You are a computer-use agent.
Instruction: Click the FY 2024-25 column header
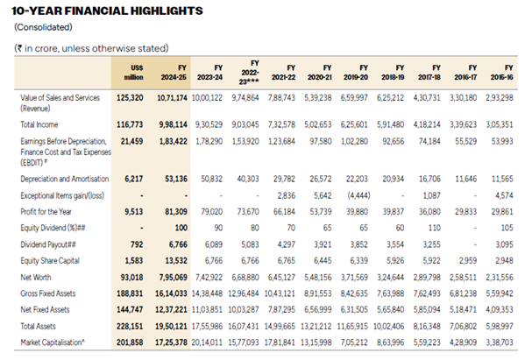click(x=174, y=73)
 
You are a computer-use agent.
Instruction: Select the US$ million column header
click(x=134, y=73)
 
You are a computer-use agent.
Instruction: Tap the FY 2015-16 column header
click(x=502, y=73)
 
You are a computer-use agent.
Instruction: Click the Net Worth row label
click(x=36, y=278)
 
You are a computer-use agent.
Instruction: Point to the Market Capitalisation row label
click(x=53, y=342)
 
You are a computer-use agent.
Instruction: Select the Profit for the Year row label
click(x=46, y=212)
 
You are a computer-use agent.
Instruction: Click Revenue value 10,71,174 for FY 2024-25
click(x=172, y=98)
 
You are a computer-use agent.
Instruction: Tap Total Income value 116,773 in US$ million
click(x=130, y=124)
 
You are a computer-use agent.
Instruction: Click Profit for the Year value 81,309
click(x=176, y=212)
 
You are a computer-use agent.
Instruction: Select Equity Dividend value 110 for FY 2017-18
click(x=435, y=228)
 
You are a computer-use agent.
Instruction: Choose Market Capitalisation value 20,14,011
click(x=207, y=342)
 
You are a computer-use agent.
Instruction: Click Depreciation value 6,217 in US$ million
click(x=134, y=179)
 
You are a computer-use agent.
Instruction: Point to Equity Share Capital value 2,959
click(x=467, y=261)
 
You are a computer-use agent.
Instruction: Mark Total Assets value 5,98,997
click(x=500, y=327)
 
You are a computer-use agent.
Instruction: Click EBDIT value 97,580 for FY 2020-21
click(x=320, y=141)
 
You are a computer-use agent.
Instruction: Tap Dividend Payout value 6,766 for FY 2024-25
click(x=178, y=244)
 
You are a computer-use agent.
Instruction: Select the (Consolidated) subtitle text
click(x=43, y=27)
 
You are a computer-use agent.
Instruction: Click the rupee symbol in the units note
click(x=19, y=48)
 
